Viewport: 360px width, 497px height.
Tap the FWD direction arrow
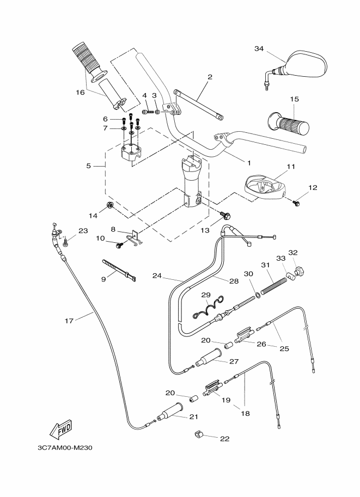pos(61,429)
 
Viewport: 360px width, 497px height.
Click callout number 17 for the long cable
pos(69,321)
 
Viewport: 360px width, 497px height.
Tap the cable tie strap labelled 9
pos(118,270)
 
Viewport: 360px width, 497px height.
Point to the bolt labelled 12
pos(297,203)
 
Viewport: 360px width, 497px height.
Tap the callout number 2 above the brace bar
pos(210,77)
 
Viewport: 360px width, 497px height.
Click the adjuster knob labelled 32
pos(298,270)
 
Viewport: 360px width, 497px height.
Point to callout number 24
pos(157,275)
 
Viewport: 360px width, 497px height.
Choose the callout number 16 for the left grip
pos(80,93)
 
